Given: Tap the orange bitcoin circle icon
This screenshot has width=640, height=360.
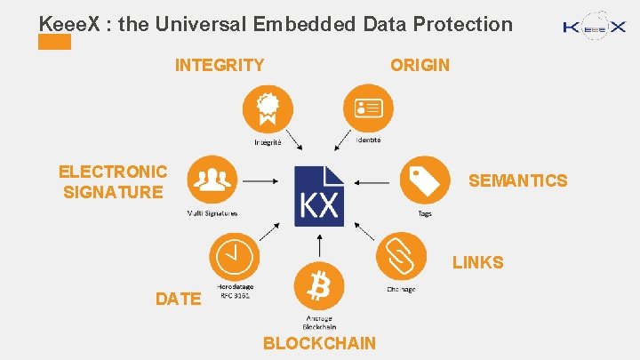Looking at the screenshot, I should [318, 286].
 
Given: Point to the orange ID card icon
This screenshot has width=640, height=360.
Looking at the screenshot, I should [368, 108].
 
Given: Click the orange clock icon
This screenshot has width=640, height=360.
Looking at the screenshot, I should [234, 258].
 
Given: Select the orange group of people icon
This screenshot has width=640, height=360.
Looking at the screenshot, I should [212, 180].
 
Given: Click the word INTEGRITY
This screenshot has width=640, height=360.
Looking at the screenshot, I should [220, 65].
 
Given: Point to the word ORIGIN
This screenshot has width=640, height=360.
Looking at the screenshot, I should [420, 65].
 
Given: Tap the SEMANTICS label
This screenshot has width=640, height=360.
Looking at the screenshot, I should [517, 181].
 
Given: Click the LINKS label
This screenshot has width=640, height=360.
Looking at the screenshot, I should [477, 263].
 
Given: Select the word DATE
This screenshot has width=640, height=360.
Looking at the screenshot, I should [178, 300].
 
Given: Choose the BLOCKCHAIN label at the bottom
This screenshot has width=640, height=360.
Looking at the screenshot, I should [320, 344].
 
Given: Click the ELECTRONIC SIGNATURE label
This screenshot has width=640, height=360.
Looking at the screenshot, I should [113, 181].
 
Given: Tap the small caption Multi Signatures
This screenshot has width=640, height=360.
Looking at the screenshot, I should [212, 213].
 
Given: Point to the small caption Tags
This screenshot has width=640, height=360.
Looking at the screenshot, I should [425, 213].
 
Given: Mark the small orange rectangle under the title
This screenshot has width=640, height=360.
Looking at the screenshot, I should [55, 43].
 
